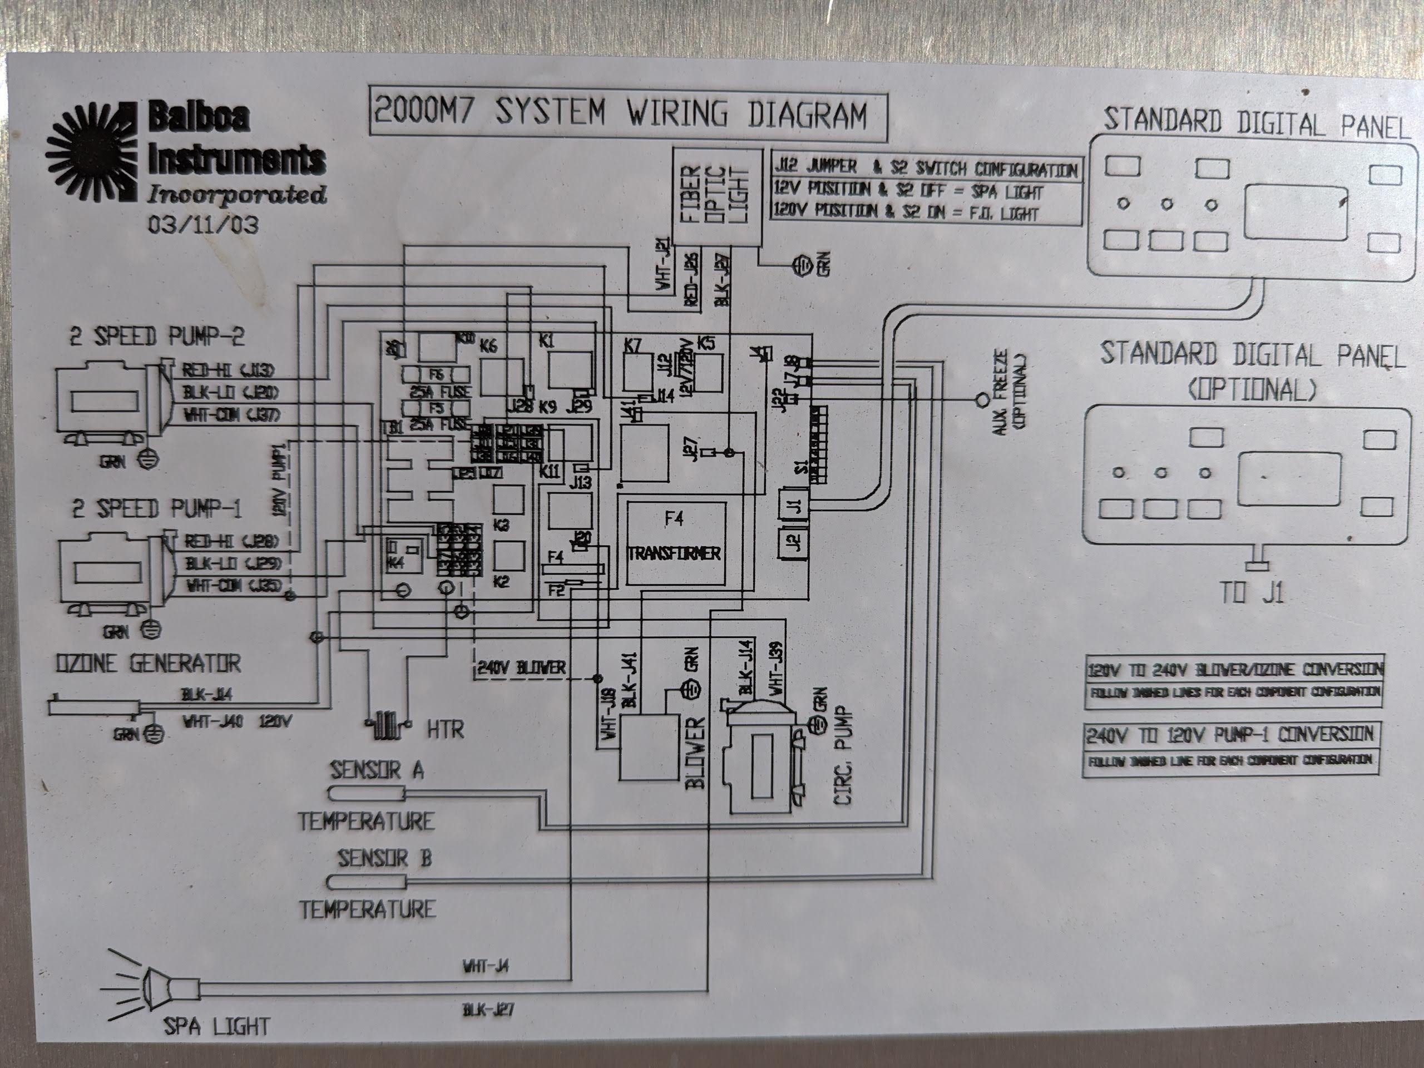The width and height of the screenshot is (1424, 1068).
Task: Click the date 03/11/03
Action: pyautogui.click(x=203, y=225)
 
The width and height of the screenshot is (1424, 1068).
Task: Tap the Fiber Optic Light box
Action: pyautogui.click(x=716, y=196)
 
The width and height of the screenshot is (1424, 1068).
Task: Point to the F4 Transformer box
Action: pyautogui.click(x=674, y=543)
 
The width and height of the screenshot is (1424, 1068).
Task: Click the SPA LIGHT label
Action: pyautogui.click(x=217, y=1026)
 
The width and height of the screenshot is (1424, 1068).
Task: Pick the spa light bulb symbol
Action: pyautogui.click(x=155, y=985)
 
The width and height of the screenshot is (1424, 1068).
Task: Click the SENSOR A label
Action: pyautogui.click(x=377, y=770)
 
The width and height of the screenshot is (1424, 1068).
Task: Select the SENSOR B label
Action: pyautogui.click(x=384, y=858)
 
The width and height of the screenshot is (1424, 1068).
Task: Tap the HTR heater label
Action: pyautogui.click(x=445, y=729)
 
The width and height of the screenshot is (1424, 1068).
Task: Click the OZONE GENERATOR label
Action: pyautogui.click(x=148, y=663)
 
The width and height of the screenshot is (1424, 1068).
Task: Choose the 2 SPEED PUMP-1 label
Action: pyautogui.click(x=156, y=509)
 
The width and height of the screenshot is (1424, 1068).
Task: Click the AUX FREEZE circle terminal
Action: pyautogui.click(x=982, y=400)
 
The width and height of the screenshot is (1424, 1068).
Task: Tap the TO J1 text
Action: pyautogui.click(x=1252, y=593)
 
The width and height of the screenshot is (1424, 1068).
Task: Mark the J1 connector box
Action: pyautogui.click(x=797, y=505)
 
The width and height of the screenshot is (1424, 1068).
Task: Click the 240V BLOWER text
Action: pyautogui.click(x=521, y=667)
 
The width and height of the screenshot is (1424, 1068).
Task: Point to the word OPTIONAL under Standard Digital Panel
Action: pyautogui.click(x=1252, y=388)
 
